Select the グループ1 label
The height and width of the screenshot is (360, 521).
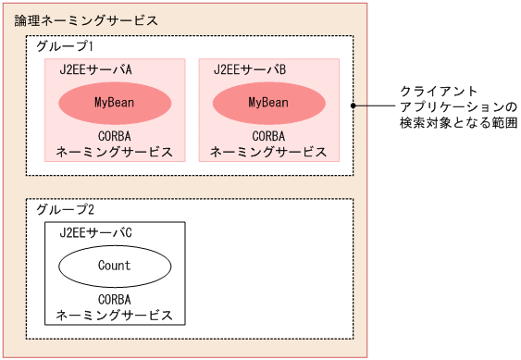[64, 45]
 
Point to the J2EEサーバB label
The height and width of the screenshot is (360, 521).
[250, 69]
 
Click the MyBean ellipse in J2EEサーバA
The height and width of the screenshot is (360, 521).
[115, 102]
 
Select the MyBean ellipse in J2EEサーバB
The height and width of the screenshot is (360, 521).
[269, 102]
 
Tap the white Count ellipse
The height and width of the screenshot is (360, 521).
[115, 266]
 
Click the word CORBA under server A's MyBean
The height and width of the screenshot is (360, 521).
[115, 135]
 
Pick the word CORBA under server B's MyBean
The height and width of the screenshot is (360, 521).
[269, 135]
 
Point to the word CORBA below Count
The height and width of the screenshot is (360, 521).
[115, 299]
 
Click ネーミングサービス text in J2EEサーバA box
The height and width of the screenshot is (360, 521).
[115, 152]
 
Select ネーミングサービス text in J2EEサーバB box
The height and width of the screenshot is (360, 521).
[269, 152]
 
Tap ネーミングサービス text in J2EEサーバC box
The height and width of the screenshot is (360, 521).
[115, 316]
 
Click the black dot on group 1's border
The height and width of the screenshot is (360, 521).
[354, 106]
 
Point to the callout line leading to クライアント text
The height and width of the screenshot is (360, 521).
[375, 106]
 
